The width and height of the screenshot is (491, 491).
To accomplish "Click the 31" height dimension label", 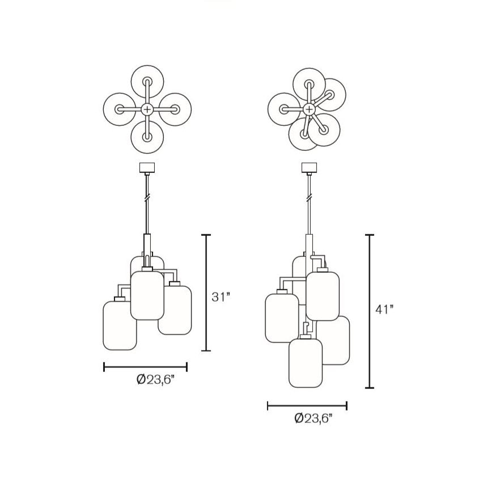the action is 221,297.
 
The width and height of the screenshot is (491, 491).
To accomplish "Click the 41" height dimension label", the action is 384,310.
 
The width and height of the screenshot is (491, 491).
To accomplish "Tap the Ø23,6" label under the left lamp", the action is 155,380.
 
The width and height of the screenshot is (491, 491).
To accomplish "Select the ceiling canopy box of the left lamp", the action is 147,167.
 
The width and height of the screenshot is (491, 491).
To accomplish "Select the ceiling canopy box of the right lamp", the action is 309,167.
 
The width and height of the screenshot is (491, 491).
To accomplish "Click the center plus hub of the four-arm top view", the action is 147,109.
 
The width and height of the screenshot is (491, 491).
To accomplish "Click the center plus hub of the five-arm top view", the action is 309,109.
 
